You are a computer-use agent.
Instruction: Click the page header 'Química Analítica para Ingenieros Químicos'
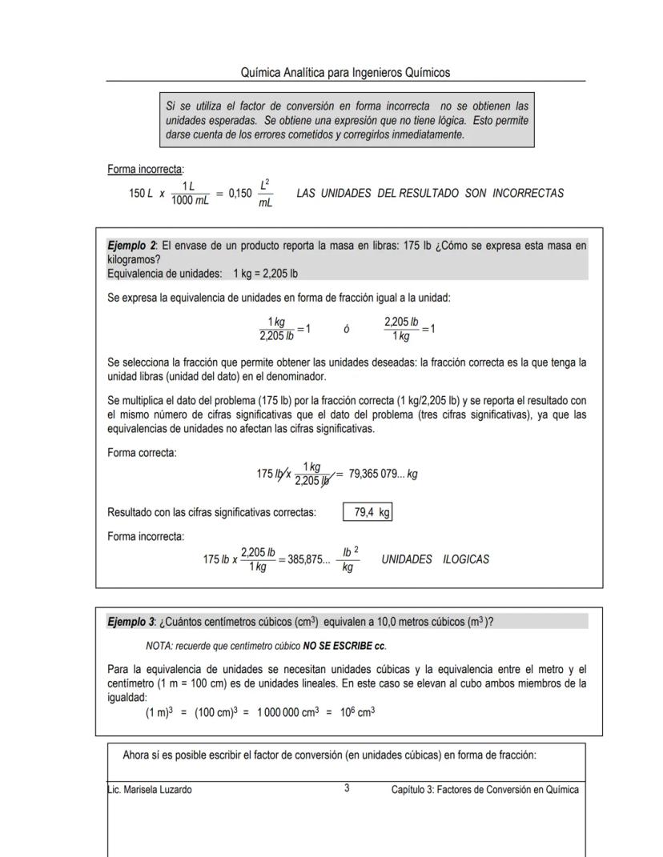345,73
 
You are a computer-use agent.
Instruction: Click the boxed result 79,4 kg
368,513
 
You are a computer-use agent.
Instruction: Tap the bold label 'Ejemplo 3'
131,622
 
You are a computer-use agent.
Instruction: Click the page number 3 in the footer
347,789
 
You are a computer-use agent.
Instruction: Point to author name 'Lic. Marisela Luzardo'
150,790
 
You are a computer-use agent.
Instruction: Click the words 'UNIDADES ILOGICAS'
435,559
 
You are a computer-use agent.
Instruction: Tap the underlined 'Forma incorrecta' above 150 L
145,170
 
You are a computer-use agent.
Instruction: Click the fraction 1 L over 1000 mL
190,194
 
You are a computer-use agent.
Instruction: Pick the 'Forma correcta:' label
142,453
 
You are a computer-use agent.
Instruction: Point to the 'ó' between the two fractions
347,330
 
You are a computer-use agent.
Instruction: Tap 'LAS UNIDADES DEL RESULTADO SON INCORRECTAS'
430,194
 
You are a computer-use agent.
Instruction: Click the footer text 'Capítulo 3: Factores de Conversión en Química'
484,790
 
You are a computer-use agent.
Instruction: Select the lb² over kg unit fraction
350,559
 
